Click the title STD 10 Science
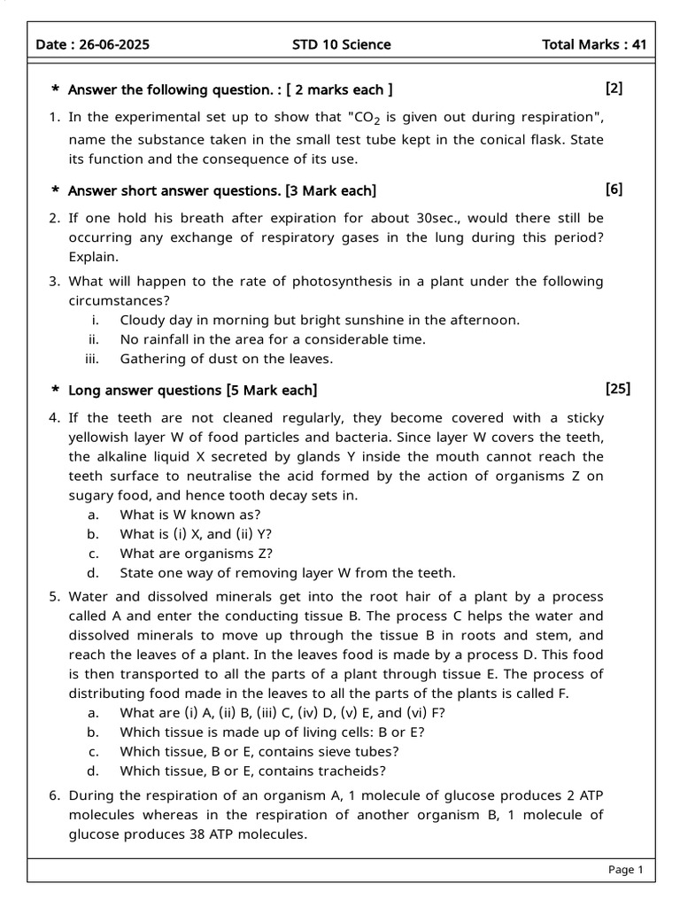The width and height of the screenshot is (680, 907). click(x=341, y=44)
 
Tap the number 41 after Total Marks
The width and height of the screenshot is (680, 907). click(x=636, y=44)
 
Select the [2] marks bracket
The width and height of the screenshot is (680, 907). click(x=614, y=88)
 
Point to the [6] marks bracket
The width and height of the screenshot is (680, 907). click(x=614, y=189)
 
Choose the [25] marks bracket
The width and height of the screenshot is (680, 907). click(x=618, y=388)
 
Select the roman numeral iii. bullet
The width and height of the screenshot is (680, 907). click(x=91, y=359)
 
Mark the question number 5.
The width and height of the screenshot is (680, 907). click(x=54, y=597)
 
